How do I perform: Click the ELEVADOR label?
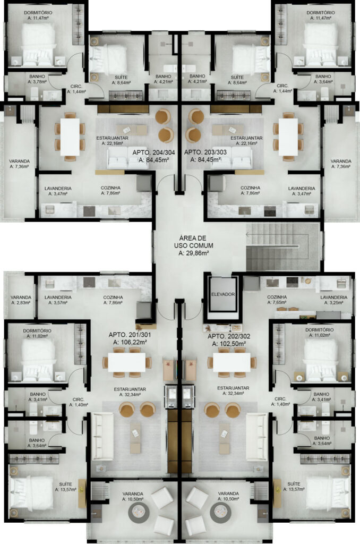point(223,294)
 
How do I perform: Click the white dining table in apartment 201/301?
point(126,362)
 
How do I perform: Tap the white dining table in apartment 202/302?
point(232,362)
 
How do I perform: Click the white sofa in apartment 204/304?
point(127,158)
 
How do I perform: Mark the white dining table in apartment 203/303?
point(288,137)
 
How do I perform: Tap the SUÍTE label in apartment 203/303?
point(237,77)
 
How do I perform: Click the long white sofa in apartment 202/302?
point(257,437)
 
